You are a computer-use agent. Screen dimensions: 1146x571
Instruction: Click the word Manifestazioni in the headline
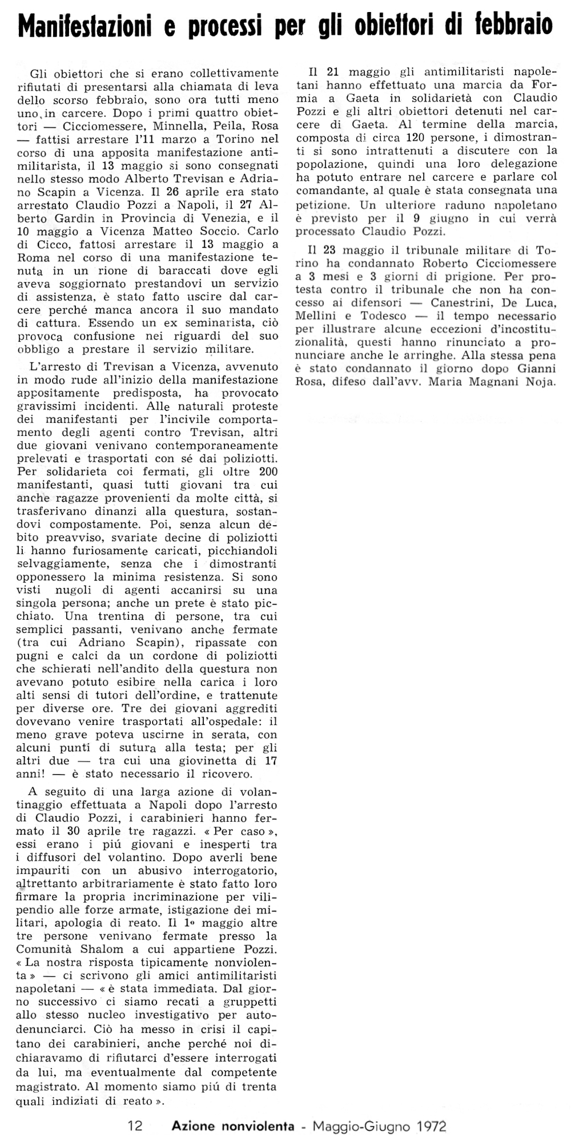point(85,26)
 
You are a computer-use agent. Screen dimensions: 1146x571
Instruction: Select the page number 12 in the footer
point(135,1126)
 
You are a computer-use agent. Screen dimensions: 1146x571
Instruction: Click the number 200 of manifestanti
point(268,472)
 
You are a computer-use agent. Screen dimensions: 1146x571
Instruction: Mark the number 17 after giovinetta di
point(271,761)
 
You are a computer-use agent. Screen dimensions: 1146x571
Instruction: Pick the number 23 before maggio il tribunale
point(331,251)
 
